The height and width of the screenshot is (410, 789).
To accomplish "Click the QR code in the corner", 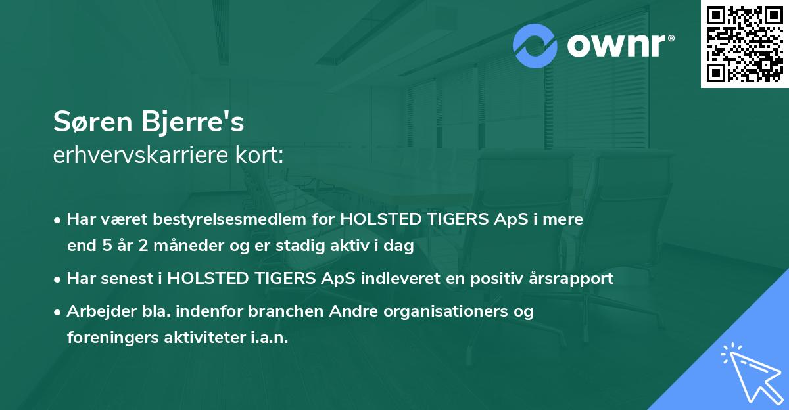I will tap(744, 44).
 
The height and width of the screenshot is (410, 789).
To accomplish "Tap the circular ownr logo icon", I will tap(536, 46).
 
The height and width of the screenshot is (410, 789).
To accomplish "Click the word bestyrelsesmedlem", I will tap(241, 219).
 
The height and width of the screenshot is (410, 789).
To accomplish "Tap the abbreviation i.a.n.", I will tap(268, 338).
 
